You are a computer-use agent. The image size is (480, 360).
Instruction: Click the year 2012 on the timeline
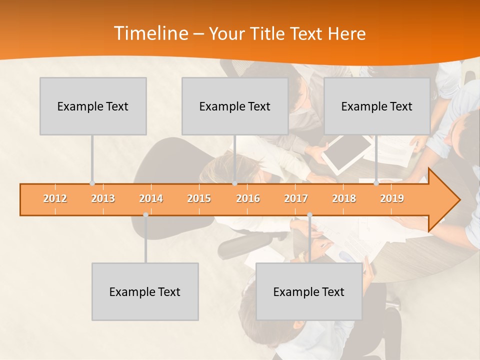pos(55,199)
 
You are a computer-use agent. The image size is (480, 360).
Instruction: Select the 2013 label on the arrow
pos(103,199)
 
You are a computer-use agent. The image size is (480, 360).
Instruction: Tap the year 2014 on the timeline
pos(151,199)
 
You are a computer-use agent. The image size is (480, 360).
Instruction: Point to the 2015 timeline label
pos(199,199)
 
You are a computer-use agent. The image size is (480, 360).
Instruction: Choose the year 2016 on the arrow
pos(248,199)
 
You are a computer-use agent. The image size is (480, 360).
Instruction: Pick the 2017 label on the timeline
pos(296,199)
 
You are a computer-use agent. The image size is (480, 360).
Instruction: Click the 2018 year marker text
pos(344,199)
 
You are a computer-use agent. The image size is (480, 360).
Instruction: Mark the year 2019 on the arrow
pos(392,199)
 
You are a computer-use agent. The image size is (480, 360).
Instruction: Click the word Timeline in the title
pos(150,33)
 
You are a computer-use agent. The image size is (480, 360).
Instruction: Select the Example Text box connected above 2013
pos(93,106)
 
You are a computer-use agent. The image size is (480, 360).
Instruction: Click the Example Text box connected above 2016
pos(235,106)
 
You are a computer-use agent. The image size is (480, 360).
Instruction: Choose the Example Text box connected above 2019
pos(377,106)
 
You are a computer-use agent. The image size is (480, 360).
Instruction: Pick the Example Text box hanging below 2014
pos(145,291)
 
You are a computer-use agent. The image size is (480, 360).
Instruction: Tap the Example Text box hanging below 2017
pos(309,291)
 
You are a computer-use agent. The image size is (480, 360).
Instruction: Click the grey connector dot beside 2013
pos(92,183)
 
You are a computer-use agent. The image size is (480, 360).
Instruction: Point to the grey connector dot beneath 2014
pos(145,215)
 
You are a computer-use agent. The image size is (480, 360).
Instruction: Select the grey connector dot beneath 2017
pos(309,215)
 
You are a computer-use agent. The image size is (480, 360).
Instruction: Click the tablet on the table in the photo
pos(346,153)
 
